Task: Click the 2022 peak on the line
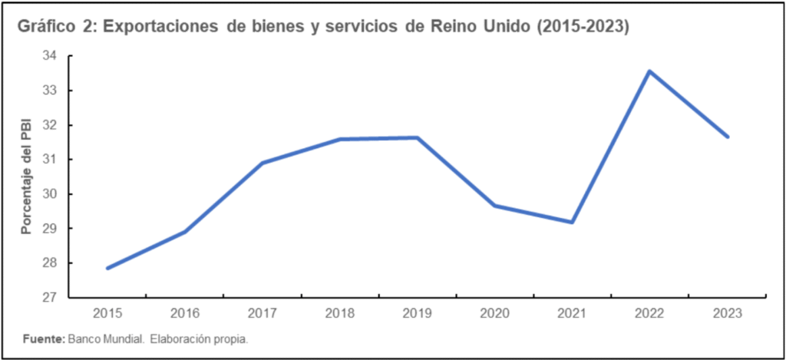pos(649,71)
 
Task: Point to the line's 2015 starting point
pos(107,268)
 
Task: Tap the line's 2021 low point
pos(572,223)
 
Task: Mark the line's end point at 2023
pos(727,137)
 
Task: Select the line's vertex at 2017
pos(262,163)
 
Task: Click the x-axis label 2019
pos(417,313)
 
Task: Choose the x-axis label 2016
pos(184,313)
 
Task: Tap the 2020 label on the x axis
pos(494,313)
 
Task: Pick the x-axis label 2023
pos(727,313)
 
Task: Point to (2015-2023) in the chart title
pos(583,27)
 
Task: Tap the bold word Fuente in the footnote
pos(43,339)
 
